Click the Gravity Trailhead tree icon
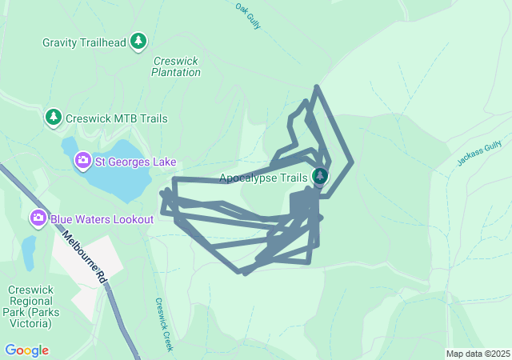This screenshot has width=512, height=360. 139,42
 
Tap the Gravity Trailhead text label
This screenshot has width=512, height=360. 85,42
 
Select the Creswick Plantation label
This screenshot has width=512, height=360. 176,66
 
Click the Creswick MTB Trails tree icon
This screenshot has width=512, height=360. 54,118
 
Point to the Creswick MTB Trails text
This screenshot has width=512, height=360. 117,118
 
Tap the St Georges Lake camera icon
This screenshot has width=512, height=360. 82,162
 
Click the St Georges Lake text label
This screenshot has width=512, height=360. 136,162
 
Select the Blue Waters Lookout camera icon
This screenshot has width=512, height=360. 38,218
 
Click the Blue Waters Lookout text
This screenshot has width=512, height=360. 102,218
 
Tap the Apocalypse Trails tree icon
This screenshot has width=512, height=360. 320,176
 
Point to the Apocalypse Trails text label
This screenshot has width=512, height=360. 262,178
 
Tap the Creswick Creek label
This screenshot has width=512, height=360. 163,325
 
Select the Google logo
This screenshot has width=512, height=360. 26,350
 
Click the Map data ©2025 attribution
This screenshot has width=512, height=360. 477,354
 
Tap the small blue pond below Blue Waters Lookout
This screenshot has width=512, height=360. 29,253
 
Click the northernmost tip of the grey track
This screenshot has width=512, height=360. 318,86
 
